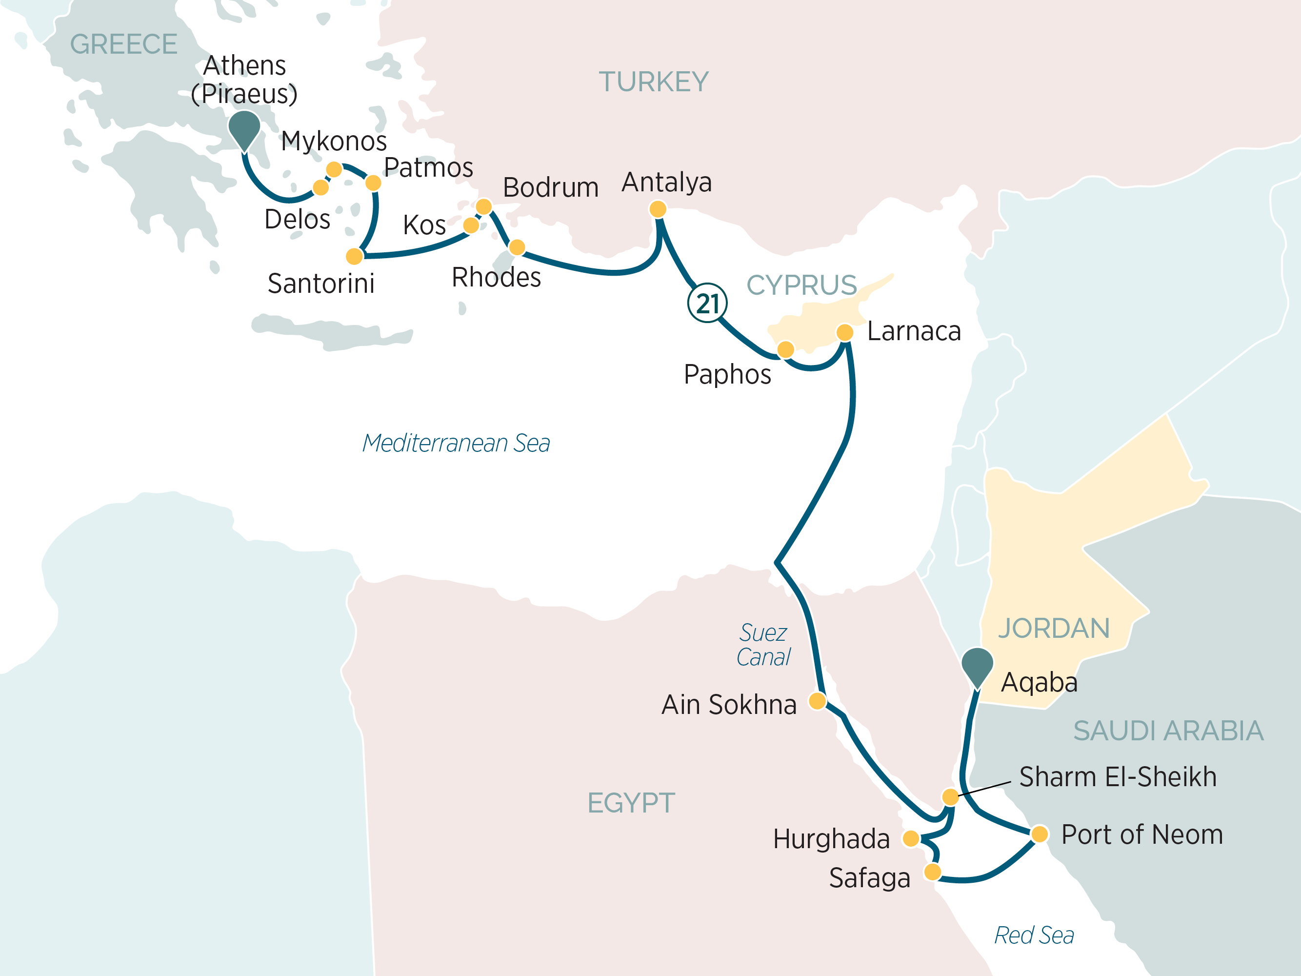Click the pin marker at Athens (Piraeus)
click(244, 128)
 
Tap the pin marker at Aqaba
click(977, 665)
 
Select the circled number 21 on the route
click(707, 304)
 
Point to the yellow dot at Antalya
click(658, 209)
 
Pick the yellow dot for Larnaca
click(844, 332)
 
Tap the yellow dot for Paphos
click(785, 349)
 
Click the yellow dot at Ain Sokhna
click(817, 701)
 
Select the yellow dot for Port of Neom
click(1039, 834)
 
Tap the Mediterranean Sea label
click(456, 443)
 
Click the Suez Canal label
click(763, 645)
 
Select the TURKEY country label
click(654, 82)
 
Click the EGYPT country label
click(631, 803)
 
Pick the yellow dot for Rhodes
click(517, 247)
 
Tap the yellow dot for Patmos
click(373, 183)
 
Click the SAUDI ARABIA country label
click(1168, 731)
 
